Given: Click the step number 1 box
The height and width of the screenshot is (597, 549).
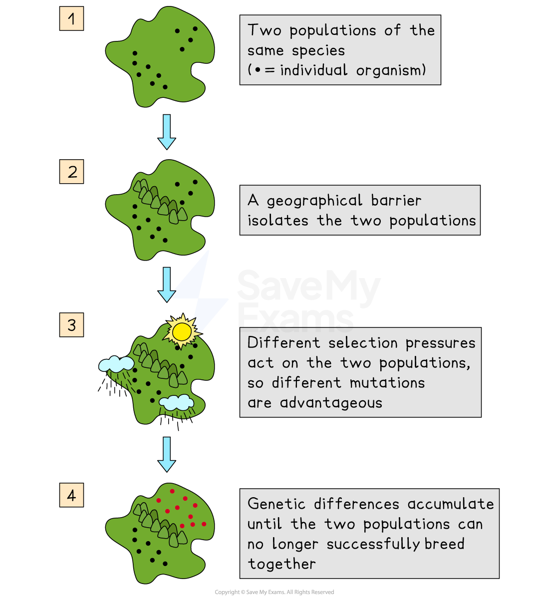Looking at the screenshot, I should pos(71,19).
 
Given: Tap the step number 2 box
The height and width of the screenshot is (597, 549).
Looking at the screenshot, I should pos(71,172).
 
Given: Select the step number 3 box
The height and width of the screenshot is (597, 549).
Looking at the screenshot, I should pos(71,325).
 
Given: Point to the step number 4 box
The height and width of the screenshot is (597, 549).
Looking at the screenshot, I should pos(71,495).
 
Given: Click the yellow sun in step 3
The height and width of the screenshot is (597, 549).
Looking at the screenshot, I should pos(182,331).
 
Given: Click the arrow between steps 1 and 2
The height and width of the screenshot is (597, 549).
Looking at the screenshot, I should pos(167,131).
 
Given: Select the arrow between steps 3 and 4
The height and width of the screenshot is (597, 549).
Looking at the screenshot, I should pos(167,454).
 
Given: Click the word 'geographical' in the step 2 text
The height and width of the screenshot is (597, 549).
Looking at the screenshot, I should pos(314,201).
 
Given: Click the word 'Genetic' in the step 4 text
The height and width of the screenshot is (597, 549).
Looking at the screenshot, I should pos(276,504).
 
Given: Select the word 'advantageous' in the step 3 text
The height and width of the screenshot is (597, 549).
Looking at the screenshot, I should pos(331,403).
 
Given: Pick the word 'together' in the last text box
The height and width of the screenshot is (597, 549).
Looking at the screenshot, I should pos(281,564).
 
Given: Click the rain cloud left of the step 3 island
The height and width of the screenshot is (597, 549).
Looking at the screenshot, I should pos(116,364).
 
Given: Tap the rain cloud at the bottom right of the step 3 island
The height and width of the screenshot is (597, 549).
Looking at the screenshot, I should pos(176,402).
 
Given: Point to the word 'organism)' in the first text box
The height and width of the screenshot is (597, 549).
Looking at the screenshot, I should pos(391,70).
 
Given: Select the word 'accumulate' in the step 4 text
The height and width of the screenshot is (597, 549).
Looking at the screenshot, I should pos(450,504).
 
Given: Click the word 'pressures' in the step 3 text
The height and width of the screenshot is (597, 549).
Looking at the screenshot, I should pos(440,343).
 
